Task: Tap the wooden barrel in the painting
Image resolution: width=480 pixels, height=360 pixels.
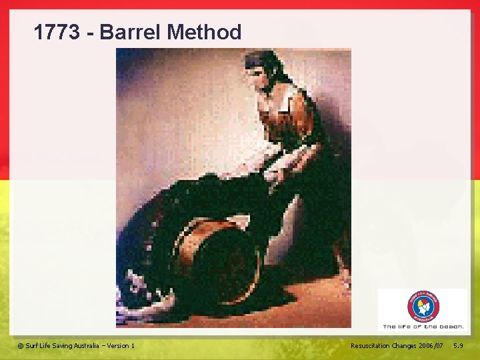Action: pyautogui.click(x=217, y=257)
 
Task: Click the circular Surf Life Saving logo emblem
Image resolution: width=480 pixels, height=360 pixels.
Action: pyautogui.click(x=423, y=307)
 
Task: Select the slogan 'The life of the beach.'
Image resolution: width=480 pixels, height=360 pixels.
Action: pyautogui.click(x=423, y=327)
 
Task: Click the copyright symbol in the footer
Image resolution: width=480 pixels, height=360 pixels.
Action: pyautogui.click(x=20, y=345)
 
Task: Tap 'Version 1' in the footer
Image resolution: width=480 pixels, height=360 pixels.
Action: pyautogui.click(x=121, y=345)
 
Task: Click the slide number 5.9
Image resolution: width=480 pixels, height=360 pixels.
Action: pyautogui.click(x=459, y=345)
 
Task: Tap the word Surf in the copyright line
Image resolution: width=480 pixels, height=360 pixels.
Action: pyautogui.click(x=31, y=345)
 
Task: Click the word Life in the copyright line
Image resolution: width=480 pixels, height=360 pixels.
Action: pyautogui.click(x=46, y=345)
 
